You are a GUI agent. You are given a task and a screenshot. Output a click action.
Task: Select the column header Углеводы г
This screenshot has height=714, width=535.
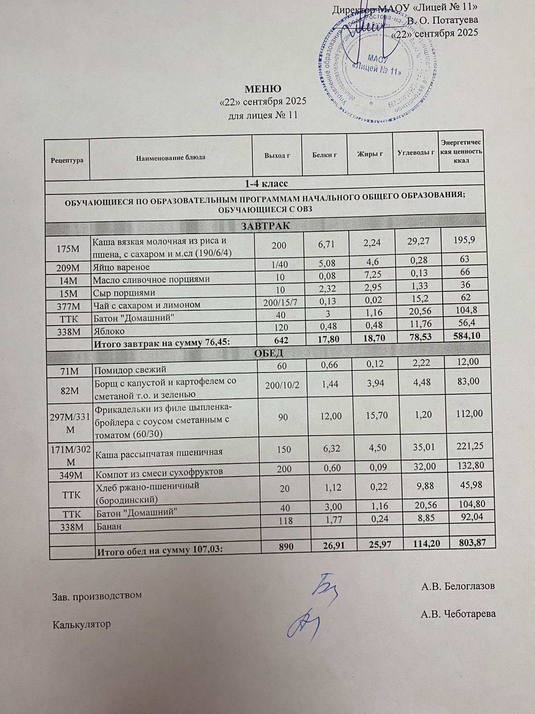(x=416, y=153)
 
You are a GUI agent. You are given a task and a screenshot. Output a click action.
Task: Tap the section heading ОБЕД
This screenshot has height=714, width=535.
(x=268, y=353)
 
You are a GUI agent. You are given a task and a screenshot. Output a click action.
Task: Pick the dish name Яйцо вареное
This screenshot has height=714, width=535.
(x=121, y=267)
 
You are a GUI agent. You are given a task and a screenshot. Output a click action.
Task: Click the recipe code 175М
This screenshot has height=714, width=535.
(x=67, y=249)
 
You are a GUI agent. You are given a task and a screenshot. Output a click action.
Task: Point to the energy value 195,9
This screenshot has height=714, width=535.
(x=462, y=240)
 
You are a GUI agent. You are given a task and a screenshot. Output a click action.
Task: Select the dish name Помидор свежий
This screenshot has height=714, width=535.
(x=129, y=369)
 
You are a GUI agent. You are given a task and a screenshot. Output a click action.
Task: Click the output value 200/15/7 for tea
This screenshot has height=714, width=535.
(x=277, y=304)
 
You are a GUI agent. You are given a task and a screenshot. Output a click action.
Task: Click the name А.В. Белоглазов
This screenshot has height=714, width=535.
(x=458, y=586)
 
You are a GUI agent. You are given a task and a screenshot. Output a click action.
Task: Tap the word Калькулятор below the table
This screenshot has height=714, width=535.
(x=81, y=624)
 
